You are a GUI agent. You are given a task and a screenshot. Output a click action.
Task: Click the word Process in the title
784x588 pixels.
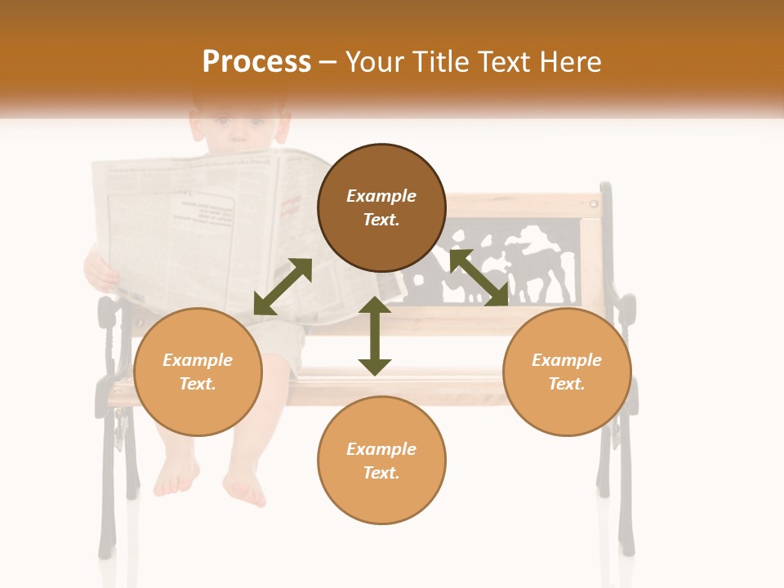tap(256, 62)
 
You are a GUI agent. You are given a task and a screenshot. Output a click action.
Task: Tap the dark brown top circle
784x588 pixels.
tap(381, 207)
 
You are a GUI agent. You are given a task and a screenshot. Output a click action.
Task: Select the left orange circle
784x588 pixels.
tap(198, 372)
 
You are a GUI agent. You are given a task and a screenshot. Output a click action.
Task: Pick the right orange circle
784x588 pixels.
tap(567, 372)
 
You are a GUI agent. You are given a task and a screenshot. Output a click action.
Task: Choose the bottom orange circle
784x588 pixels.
tap(381, 461)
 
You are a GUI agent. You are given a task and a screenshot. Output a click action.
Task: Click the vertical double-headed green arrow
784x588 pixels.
tap(375, 336)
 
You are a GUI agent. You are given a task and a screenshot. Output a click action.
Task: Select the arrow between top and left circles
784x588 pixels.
tap(283, 287)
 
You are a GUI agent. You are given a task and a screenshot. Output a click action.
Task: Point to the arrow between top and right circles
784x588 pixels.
tap(479, 278)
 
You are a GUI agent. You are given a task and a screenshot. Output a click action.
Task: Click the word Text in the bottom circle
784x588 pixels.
tap(381, 473)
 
